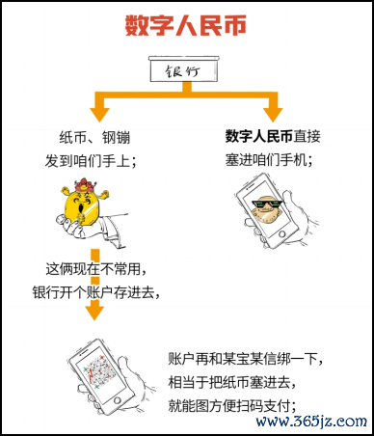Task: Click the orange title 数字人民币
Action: coord(188,25)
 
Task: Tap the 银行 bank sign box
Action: coord(187,68)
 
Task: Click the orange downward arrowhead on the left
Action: coord(93,311)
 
